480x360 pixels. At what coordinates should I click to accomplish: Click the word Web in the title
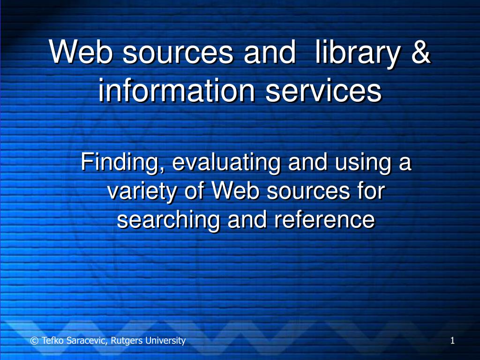click(81, 52)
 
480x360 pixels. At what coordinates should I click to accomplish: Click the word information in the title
click(177, 91)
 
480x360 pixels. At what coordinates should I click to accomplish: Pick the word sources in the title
click(178, 52)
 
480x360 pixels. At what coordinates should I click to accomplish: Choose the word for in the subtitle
click(370, 191)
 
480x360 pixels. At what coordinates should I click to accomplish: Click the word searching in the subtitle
click(169, 219)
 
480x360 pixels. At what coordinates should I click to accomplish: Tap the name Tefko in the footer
click(52, 341)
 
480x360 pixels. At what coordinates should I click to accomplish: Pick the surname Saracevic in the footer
click(86, 341)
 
